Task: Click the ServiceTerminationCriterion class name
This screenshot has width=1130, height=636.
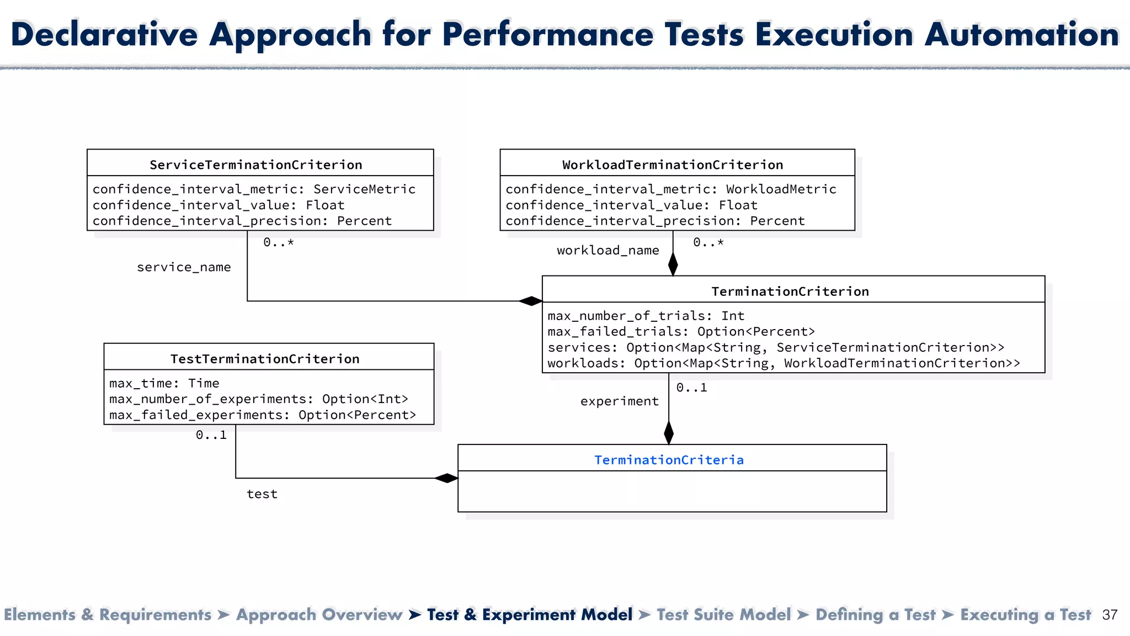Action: (256, 165)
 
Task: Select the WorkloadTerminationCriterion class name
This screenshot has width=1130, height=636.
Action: (673, 165)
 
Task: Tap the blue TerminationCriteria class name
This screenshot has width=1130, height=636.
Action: (669, 460)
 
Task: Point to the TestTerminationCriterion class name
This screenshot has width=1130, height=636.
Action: (265, 359)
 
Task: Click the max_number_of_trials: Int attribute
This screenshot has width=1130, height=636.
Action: (646, 316)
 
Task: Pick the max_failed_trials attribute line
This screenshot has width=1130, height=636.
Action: (681, 331)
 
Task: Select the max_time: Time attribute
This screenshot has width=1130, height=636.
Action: (164, 383)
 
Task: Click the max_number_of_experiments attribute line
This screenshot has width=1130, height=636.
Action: (259, 399)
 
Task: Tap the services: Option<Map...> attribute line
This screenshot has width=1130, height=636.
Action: (776, 347)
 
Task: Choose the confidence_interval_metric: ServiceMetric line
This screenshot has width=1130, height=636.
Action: (254, 189)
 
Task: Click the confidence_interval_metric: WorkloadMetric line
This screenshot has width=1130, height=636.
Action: (671, 189)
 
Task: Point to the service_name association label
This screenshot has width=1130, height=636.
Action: (184, 267)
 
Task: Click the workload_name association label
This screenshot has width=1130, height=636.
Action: (607, 251)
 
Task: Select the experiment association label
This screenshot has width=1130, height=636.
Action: (619, 401)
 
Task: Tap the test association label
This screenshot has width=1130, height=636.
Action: (262, 494)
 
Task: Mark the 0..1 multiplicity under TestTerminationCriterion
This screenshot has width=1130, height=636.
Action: (211, 435)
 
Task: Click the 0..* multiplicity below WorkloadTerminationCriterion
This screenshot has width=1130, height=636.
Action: (708, 242)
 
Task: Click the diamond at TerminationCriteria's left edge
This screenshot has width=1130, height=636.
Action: (446, 478)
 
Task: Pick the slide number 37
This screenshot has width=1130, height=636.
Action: (1110, 615)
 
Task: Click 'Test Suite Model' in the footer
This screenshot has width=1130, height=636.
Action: (723, 614)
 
